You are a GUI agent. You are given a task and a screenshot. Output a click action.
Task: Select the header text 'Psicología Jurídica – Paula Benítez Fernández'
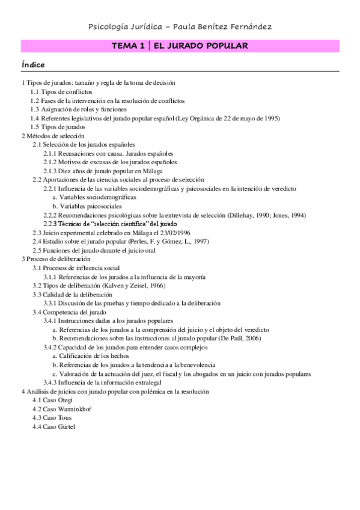(180, 26)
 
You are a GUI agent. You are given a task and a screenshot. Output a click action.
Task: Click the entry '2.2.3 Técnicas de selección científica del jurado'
(110, 224)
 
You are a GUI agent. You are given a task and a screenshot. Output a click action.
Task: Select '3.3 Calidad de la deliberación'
(72, 295)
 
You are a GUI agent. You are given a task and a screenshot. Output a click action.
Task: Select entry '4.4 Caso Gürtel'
(55, 426)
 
